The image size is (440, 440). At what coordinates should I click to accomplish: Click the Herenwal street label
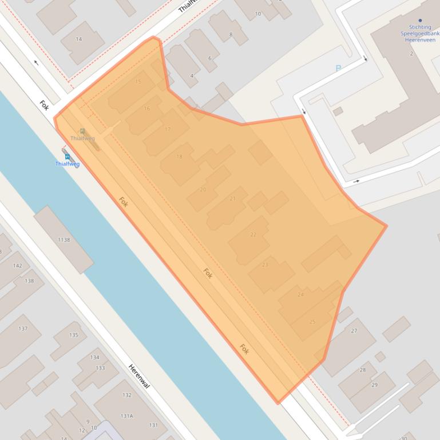139,377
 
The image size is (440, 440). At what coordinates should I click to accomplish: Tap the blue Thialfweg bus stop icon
68,156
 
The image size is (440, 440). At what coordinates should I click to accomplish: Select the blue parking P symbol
338,69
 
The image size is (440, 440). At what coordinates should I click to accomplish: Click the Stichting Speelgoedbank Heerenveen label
420,33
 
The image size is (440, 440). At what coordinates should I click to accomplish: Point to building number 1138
64,239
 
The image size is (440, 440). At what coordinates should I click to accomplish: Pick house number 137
23,329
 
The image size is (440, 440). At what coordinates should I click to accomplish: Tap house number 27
354,331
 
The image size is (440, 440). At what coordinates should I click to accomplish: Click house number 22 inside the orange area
253,234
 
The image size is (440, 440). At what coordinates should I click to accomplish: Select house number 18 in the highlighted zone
179,157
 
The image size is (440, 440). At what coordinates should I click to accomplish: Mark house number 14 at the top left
79,39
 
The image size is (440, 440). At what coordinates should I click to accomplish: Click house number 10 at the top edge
258,14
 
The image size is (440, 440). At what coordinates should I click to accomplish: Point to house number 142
17,266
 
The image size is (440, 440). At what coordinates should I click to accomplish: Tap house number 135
74,335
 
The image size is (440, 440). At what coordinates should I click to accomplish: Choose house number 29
375,385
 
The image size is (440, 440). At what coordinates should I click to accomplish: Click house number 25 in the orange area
312,322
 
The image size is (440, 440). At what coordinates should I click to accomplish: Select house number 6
210,58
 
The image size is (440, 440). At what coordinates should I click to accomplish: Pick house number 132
126,395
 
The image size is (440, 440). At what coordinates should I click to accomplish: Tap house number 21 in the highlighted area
232,199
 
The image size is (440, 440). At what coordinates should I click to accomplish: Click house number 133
100,368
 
